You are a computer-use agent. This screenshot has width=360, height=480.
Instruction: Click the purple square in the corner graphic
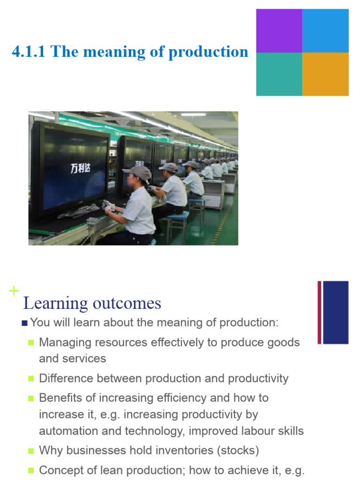(279, 30)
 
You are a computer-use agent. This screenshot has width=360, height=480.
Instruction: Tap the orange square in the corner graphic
(325, 74)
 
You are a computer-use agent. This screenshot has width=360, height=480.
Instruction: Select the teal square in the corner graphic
(279, 74)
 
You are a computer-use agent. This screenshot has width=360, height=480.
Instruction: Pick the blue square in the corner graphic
(325, 30)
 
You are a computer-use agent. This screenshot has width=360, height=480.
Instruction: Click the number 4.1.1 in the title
(29, 51)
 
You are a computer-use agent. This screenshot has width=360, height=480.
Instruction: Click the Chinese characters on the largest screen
(80, 168)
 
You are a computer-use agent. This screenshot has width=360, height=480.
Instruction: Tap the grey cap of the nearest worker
(138, 172)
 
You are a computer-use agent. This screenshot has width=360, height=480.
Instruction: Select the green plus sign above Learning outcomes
(14, 291)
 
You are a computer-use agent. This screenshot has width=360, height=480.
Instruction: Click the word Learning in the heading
(55, 304)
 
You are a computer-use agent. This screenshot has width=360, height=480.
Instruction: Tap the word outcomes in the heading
(127, 304)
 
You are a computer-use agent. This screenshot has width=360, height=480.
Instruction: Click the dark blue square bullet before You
(25, 323)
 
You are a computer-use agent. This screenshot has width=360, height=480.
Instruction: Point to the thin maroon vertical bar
(319, 312)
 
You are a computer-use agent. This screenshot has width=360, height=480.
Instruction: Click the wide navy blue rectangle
(336, 312)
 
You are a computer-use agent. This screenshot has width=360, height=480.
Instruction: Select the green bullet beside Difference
(31, 379)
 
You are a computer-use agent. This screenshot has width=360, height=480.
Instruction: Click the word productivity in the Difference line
(258, 379)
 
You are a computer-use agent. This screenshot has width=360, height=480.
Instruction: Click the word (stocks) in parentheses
(238, 450)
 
